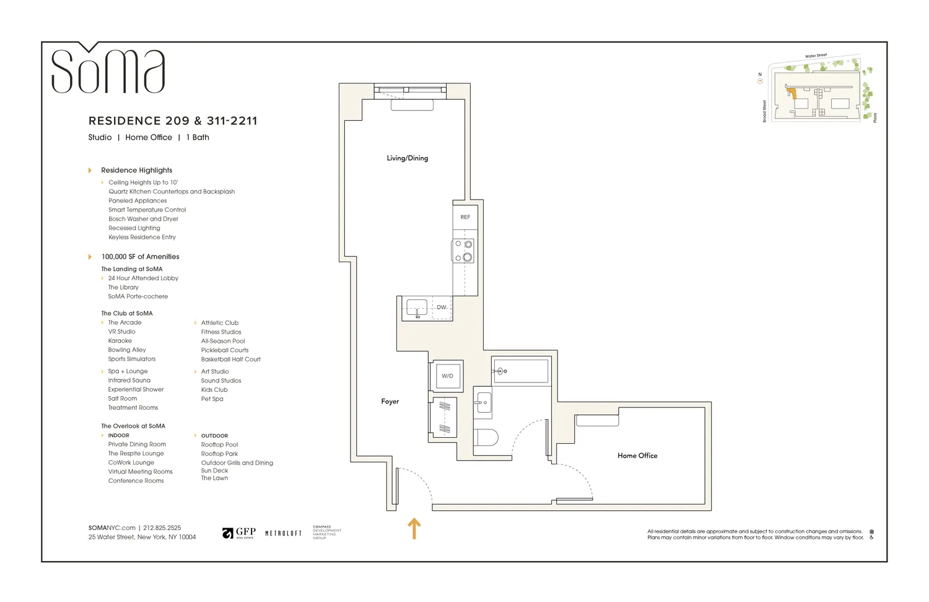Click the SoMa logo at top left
[108, 69]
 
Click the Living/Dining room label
[407, 158]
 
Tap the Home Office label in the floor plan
[637, 456]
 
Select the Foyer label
[390, 402]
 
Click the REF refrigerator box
[465, 217]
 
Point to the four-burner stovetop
[463, 250]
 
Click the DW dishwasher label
[442, 308]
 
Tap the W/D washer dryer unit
[447, 376]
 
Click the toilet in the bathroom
[486, 437]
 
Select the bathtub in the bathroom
[520, 371]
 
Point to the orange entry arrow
[414, 528]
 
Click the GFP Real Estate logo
[239, 533]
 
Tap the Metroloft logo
[283, 533]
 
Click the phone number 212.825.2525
[162, 528]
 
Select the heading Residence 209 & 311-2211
[173, 121]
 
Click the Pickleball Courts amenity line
[224, 350]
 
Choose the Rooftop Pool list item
[219, 445]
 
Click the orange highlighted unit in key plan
[791, 94]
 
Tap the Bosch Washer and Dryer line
[143, 219]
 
